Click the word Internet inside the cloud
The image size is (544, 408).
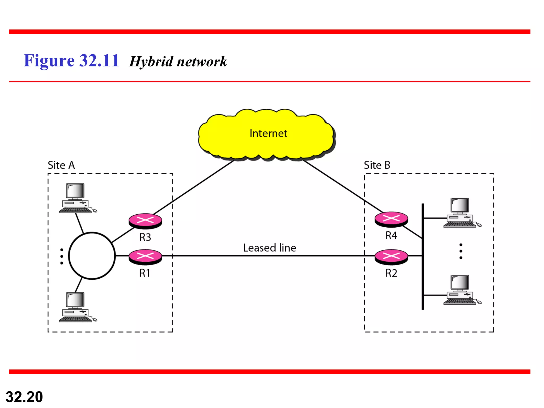pyautogui.click(x=268, y=133)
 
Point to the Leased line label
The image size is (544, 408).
pyautogui.click(x=269, y=248)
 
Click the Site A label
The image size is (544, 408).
pyautogui.click(x=61, y=165)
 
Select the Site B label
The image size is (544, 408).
pyautogui.click(x=377, y=165)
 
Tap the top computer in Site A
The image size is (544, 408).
pyautogui.click(x=76, y=198)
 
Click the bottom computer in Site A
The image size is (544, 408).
pyautogui.click(x=76, y=307)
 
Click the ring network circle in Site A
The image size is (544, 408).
pyautogui.click(x=92, y=256)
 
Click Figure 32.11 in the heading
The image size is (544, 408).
pyautogui.click(x=71, y=61)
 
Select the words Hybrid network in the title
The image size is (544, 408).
pyautogui.click(x=178, y=62)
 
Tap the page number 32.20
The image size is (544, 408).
pyautogui.click(x=24, y=397)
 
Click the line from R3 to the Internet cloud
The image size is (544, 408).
pyautogui.click(x=194, y=187)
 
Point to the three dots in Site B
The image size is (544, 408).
pyautogui.click(x=461, y=251)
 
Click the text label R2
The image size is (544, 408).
pyautogui.click(x=391, y=273)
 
